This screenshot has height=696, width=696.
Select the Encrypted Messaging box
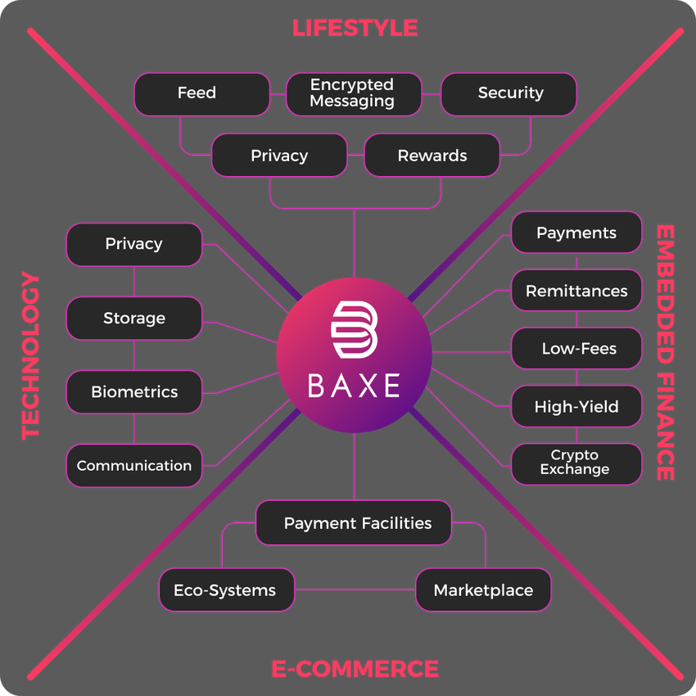point(353,93)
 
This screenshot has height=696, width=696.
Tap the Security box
point(508,93)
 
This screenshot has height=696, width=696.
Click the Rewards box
point(432,156)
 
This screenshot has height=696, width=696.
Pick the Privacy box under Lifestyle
point(279,156)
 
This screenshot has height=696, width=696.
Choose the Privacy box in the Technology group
point(133,244)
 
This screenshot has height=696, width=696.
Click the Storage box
point(133,319)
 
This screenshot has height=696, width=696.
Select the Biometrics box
point(133,392)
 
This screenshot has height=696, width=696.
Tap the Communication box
point(133,466)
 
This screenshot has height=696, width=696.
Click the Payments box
point(576,233)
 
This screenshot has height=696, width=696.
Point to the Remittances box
point(576,291)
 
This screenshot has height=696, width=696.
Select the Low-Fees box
point(576,349)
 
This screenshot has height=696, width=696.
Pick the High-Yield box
point(576,407)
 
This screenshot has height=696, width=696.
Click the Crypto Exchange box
point(576,463)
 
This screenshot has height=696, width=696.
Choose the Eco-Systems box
point(225,590)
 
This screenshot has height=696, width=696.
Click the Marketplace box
point(483,590)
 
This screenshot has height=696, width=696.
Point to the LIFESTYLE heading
point(355,28)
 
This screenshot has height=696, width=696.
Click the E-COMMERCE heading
point(355,669)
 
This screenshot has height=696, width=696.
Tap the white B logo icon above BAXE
point(353,331)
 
